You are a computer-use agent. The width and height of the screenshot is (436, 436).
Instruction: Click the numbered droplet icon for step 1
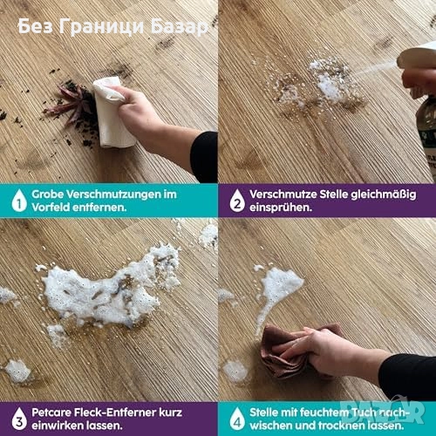tap(19, 201)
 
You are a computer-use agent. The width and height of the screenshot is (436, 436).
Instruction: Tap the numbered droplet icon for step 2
tap(237, 201)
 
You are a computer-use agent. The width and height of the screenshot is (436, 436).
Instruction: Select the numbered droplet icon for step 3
tap(19, 419)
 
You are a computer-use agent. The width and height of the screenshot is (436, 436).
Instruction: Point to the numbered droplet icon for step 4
tap(237, 419)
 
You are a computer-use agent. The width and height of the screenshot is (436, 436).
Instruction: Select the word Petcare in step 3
tap(51, 412)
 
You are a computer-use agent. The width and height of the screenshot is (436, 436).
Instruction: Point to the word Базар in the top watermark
tap(180, 27)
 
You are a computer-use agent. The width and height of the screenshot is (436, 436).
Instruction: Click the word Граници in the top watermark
tap(102, 27)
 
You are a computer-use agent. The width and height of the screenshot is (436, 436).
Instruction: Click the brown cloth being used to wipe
tap(288, 351)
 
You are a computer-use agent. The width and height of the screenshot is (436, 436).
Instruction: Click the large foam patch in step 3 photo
tap(107, 294)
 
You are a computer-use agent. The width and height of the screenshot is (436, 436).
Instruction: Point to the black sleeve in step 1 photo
tap(204, 157)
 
